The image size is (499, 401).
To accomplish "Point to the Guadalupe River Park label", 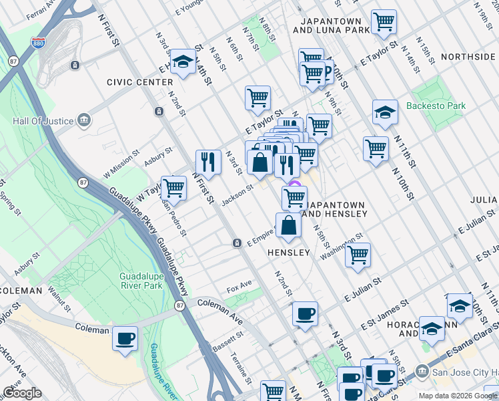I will coord(141,281).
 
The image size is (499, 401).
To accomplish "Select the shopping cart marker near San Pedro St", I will coord(173,188).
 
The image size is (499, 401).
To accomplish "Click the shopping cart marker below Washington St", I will coord(358,255).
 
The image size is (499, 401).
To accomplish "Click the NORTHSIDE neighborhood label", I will coord(468,57).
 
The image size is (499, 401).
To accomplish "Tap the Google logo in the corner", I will coord(22,392).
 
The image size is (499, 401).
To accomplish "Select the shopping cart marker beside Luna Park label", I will coord(384,22).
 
